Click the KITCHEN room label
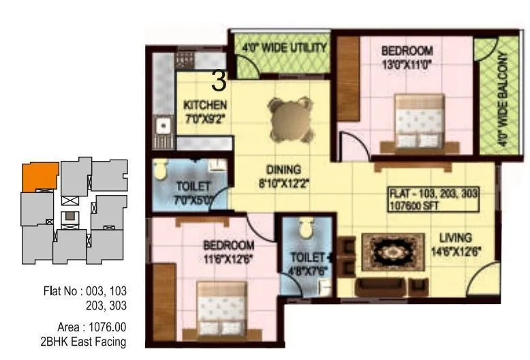[x=204, y=105]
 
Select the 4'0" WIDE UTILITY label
[x=285, y=48]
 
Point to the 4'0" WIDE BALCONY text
[x=503, y=101]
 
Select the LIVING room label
[x=455, y=237]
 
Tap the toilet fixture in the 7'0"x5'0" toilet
[x=160, y=170]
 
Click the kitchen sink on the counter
[x=163, y=125]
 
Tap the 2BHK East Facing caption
[x=83, y=341]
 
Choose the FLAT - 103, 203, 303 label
[x=434, y=194]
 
